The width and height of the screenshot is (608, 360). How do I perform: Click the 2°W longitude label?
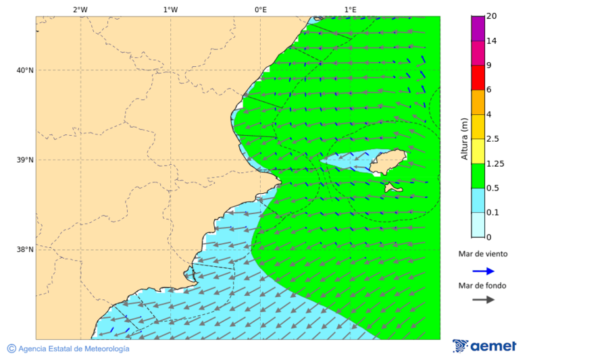(x=80, y=9)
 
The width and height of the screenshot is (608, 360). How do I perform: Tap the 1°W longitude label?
(x=170, y=9)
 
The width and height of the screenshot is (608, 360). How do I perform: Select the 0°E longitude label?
(x=260, y=9)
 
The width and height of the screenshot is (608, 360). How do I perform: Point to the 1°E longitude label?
(x=350, y=9)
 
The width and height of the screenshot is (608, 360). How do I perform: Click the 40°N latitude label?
(x=25, y=70)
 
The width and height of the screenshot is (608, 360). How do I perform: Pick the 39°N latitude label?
(x=25, y=160)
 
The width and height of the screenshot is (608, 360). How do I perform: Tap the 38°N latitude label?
(x=25, y=250)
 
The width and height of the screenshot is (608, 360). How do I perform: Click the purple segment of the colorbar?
(x=478, y=28)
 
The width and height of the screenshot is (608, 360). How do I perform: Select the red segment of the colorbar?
(x=478, y=78)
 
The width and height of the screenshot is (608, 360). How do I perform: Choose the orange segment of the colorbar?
(x=478, y=102)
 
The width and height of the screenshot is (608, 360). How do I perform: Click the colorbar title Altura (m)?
(x=464, y=138)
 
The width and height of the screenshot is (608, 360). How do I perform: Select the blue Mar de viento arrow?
(x=483, y=271)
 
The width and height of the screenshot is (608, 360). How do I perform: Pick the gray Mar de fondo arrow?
(x=483, y=300)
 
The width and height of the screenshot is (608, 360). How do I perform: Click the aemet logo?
(x=484, y=346)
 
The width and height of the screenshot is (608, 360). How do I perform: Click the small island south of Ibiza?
(x=393, y=188)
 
